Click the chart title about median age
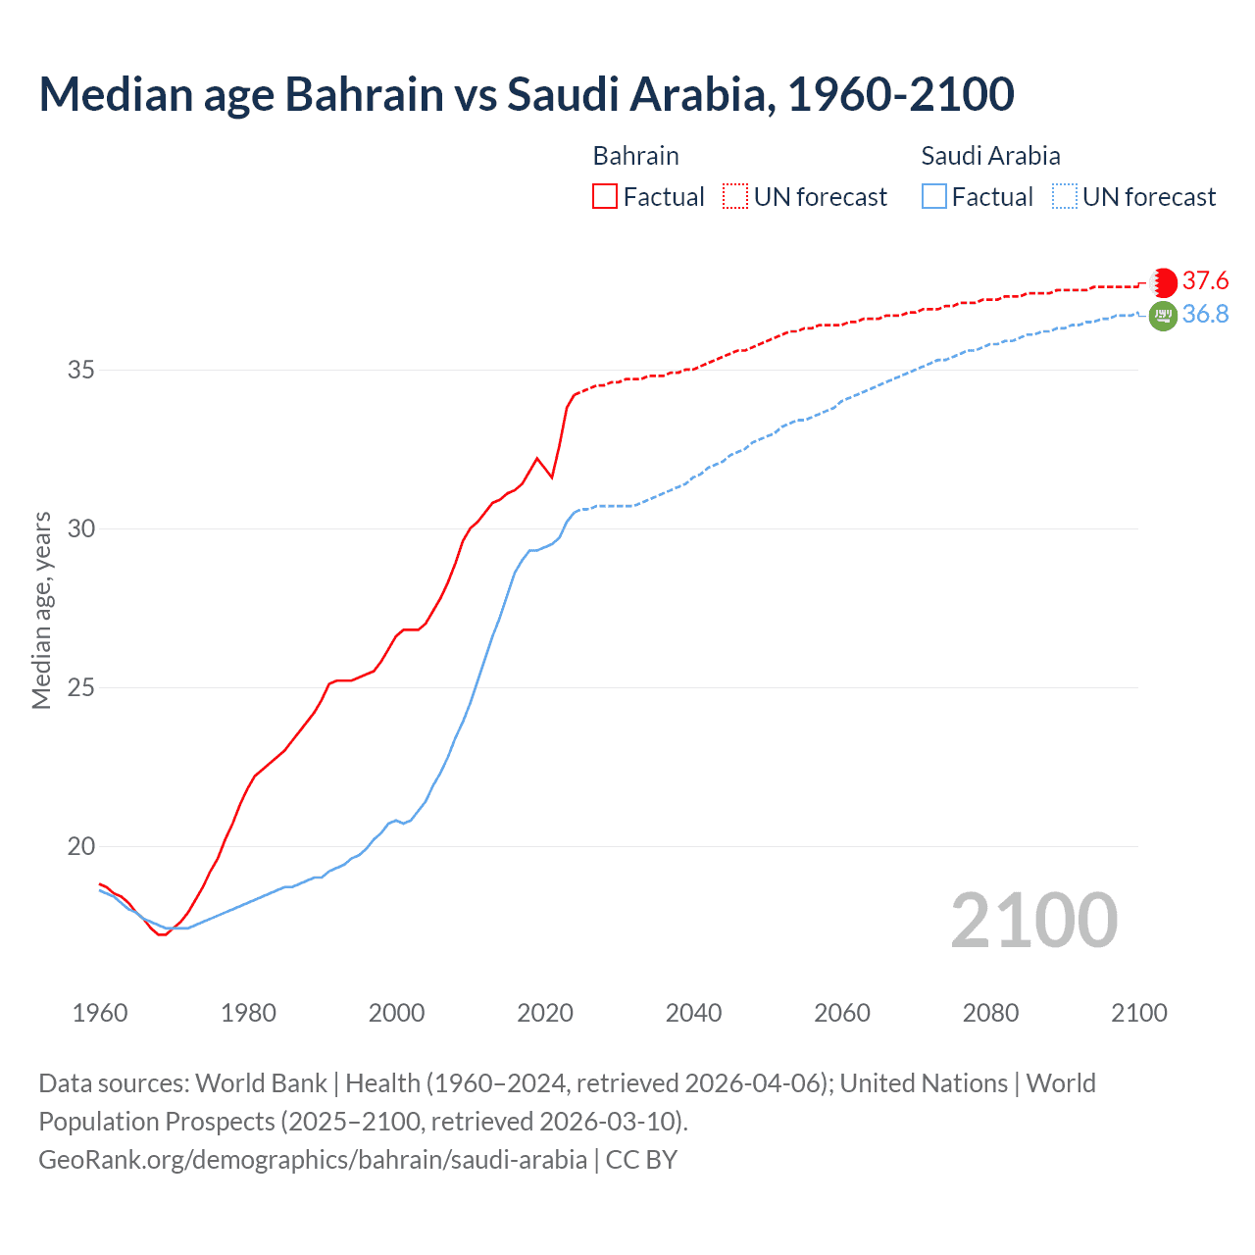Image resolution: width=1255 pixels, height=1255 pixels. click(x=527, y=94)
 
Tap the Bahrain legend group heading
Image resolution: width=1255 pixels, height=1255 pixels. click(x=635, y=156)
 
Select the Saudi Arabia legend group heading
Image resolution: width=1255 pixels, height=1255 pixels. click(x=990, y=156)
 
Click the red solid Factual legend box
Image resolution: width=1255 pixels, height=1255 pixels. click(x=605, y=197)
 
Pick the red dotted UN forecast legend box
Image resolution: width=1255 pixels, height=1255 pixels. click(x=735, y=197)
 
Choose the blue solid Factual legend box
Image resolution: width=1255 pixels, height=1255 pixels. click(x=934, y=197)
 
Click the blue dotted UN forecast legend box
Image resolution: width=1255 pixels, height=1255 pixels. click(x=1065, y=197)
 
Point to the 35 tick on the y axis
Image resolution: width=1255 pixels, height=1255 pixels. click(x=81, y=371)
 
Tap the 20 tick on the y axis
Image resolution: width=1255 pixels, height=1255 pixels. click(x=81, y=846)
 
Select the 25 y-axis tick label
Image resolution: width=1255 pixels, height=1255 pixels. click(x=81, y=687)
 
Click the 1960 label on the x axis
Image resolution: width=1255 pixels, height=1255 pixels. click(x=100, y=1013)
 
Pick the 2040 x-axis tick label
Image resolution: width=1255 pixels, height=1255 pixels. click(x=693, y=1013)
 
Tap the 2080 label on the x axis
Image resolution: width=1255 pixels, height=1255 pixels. click(x=990, y=1013)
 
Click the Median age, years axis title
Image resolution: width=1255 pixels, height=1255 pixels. click(x=41, y=610)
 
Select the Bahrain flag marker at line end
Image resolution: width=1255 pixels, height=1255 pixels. click(x=1163, y=282)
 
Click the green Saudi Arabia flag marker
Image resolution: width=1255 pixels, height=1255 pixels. click(x=1163, y=316)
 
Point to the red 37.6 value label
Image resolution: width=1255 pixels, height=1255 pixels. click(x=1205, y=281)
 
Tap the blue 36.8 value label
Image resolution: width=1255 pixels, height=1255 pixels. click(x=1205, y=315)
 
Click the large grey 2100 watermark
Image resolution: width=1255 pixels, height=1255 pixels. click(x=1033, y=921)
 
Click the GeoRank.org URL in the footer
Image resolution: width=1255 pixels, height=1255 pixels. click(x=313, y=1160)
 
